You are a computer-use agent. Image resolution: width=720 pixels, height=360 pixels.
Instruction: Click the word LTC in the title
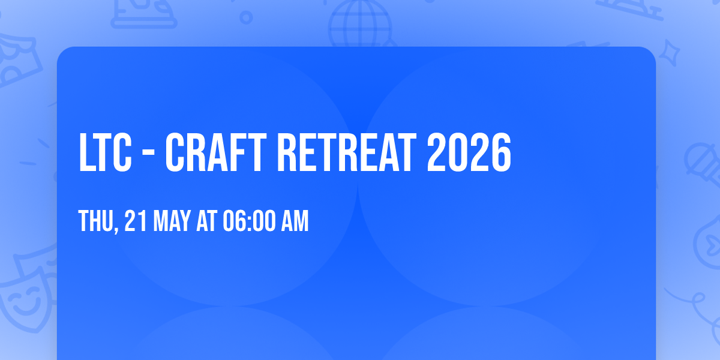point(105,152)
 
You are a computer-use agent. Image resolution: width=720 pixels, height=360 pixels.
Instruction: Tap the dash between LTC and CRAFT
point(148,155)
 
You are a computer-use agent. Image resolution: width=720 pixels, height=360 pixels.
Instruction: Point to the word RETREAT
point(347,152)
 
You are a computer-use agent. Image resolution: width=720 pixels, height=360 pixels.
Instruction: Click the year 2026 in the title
point(469,152)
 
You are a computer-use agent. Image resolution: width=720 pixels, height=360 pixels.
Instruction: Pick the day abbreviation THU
point(96,221)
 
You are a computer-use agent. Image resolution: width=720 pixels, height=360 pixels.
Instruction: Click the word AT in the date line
point(206,221)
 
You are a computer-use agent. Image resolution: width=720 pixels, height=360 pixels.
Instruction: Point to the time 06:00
point(250,221)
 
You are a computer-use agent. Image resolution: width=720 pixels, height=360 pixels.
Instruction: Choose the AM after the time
point(295,221)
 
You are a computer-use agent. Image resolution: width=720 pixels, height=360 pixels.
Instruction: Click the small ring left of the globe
point(246,17)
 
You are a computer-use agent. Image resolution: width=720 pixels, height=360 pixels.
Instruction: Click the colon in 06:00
point(250,223)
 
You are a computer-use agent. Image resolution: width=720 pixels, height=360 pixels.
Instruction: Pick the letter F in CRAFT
point(237,152)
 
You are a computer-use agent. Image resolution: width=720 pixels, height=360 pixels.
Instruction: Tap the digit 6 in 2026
point(501,152)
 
